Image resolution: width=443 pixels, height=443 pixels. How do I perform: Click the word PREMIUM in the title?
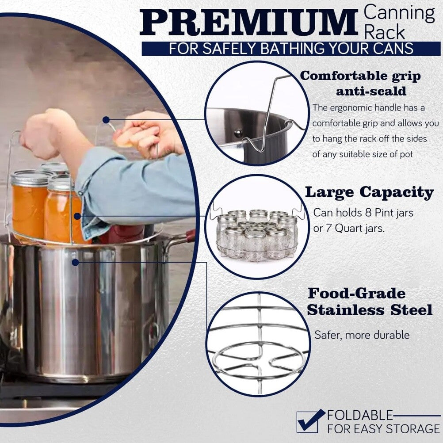248,23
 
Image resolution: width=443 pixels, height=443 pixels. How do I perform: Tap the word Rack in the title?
385,32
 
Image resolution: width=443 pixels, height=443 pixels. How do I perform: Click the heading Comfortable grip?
360,76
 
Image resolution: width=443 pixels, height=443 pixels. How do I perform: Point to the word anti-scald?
371,91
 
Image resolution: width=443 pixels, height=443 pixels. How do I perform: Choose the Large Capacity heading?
369,193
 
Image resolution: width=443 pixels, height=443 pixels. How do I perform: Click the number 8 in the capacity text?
368,213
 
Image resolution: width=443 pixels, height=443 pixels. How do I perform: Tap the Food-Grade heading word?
356,294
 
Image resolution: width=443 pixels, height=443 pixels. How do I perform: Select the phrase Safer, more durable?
362,335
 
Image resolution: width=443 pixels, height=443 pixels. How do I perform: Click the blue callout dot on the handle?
106,120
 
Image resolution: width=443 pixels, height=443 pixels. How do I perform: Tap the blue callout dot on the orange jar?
77,216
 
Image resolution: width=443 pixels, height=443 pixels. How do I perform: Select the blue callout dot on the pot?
75,263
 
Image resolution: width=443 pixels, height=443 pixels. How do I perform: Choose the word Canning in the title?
399,13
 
